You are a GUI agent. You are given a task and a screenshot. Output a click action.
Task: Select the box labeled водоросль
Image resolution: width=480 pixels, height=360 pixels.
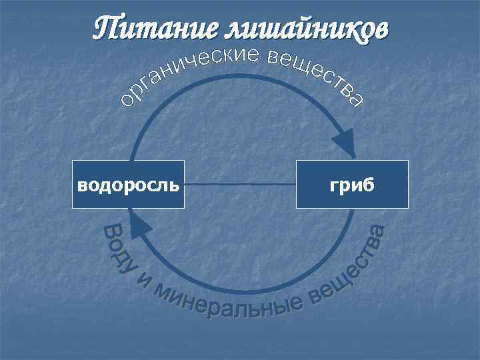click(128, 184)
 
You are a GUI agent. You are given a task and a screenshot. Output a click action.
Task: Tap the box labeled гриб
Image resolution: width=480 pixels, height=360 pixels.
click(352, 184)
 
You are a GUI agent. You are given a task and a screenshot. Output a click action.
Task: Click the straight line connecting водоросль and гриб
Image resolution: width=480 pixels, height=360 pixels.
click(240, 184)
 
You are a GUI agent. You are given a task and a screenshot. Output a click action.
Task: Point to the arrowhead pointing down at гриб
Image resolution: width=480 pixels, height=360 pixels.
click(345, 143)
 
